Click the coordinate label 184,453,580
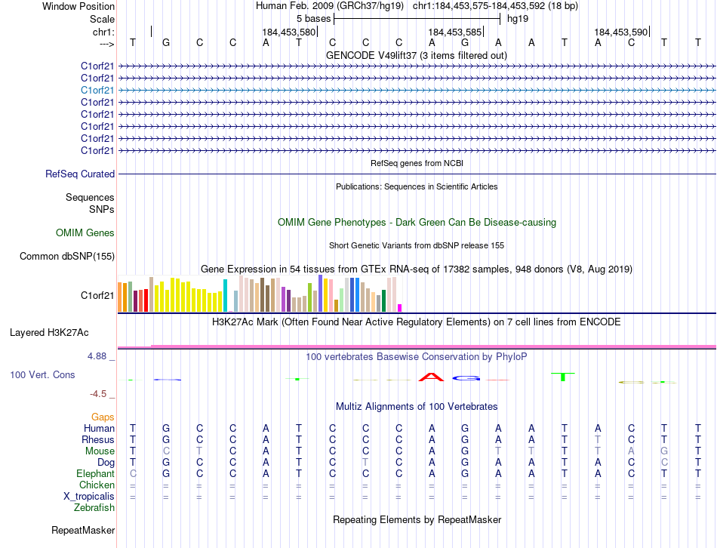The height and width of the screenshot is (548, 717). pyautogui.click(x=288, y=32)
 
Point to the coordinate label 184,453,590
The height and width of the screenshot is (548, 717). pyautogui.click(x=620, y=32)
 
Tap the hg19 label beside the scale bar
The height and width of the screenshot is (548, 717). pyautogui.click(x=518, y=18)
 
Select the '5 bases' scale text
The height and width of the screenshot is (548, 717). pyautogui.click(x=313, y=18)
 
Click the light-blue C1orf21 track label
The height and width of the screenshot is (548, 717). pyautogui.click(x=97, y=90)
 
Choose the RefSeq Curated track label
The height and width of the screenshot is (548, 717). pyautogui.click(x=80, y=174)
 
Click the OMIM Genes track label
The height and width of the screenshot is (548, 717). pyautogui.click(x=85, y=233)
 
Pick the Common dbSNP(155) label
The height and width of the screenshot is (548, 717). pyautogui.click(x=68, y=257)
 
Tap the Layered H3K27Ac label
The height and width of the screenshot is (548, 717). pyautogui.click(x=49, y=332)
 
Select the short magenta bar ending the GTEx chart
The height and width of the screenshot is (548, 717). pyautogui.click(x=400, y=307)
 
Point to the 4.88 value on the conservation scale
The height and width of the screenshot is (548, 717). pyautogui.click(x=101, y=356)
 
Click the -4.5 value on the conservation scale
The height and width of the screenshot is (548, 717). pyautogui.click(x=101, y=394)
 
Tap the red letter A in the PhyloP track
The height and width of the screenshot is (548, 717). pyautogui.click(x=431, y=376)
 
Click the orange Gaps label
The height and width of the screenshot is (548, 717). pyautogui.click(x=103, y=417)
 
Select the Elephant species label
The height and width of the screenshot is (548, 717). pyautogui.click(x=95, y=473)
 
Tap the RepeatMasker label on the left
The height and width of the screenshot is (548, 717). pyautogui.click(x=82, y=531)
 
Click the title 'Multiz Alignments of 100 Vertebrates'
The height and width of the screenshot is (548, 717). pyautogui.click(x=417, y=407)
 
